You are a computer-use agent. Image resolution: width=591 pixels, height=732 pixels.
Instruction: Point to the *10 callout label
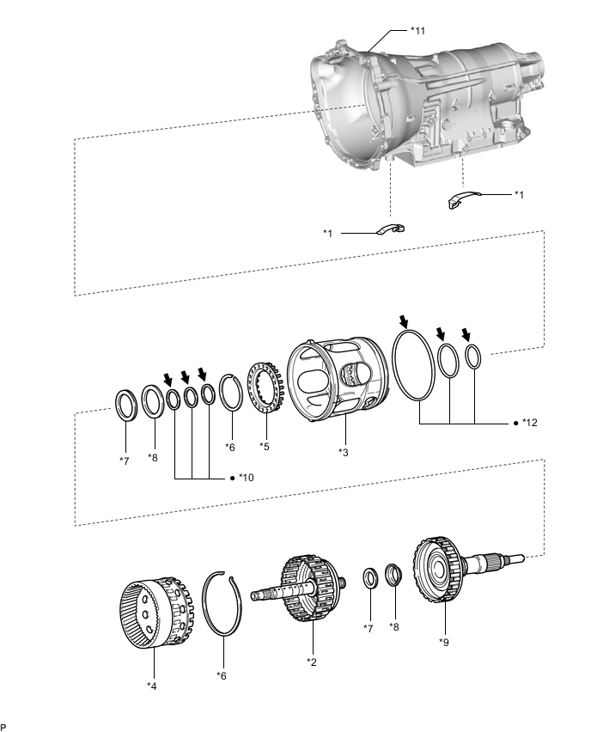click(246, 477)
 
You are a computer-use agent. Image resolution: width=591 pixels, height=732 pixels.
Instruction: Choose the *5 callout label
click(264, 446)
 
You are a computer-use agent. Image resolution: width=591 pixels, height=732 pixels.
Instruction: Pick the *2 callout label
click(314, 662)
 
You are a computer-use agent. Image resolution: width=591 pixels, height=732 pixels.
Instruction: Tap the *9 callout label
click(445, 641)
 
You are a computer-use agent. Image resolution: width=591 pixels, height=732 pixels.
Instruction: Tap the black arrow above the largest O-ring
click(404, 322)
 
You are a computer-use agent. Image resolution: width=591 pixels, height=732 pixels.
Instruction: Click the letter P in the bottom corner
click(4, 727)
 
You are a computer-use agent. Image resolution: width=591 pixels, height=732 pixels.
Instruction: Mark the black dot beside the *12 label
click(514, 424)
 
